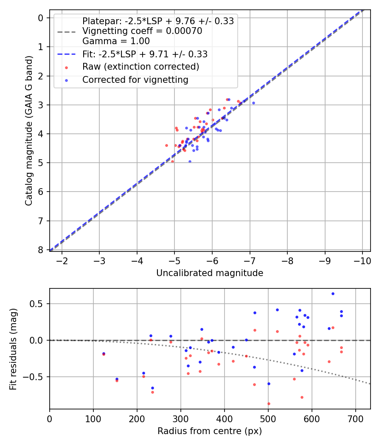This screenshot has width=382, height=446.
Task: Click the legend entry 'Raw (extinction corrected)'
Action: point(140,67)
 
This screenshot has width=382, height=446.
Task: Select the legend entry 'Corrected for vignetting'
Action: point(135,79)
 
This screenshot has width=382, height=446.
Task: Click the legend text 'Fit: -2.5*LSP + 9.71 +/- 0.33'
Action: point(145,54)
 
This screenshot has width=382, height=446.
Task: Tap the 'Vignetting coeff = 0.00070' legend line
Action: point(142,31)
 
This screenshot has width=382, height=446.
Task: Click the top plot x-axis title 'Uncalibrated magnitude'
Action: point(210,273)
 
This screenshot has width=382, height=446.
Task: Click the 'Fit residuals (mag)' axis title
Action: point(13,349)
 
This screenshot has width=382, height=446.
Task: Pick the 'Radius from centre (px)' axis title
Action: point(210,431)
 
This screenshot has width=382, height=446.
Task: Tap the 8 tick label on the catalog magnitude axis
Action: point(41,250)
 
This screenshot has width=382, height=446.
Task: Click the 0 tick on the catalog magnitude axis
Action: point(41,18)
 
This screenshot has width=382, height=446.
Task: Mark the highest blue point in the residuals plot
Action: point(333,294)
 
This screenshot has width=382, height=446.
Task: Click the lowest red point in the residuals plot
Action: point(269,404)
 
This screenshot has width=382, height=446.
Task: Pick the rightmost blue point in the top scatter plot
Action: point(253,103)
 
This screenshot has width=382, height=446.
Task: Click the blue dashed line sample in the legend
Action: point(66,54)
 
